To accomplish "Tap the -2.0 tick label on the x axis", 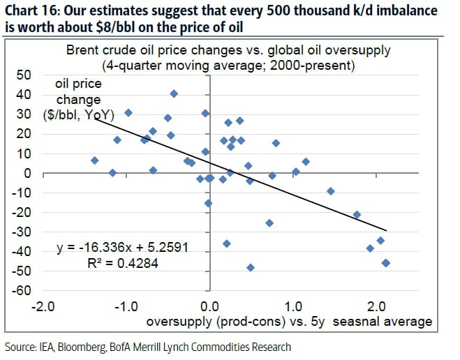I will [x=43, y=306].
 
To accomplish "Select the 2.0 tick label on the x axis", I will [x=377, y=306].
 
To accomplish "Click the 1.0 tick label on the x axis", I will [x=294, y=306].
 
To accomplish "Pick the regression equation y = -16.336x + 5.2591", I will [x=122, y=247].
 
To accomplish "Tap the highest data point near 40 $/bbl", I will [x=174, y=93].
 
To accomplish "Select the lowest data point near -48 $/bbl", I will [x=251, y=267].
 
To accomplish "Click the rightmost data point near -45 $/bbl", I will [x=386, y=263].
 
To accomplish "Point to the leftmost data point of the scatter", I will [x=95, y=160].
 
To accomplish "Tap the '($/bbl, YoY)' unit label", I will [x=81, y=116].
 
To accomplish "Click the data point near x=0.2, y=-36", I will [x=226, y=243].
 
